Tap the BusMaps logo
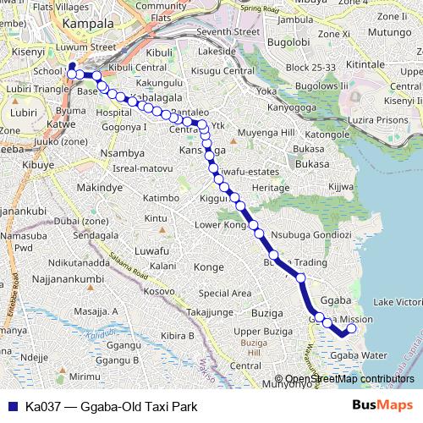[382, 405]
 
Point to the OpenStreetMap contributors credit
[349, 379]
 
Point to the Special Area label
[224, 293]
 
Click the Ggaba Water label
[359, 355]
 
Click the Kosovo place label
[160, 291]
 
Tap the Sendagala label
[96, 233]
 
